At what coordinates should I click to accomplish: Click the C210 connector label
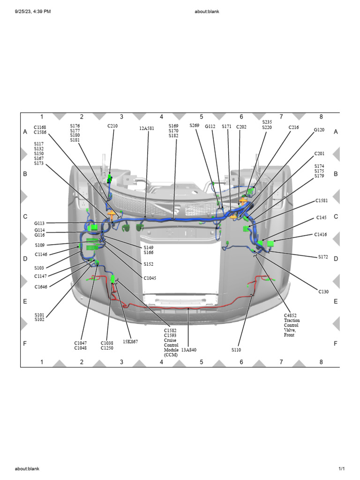112,126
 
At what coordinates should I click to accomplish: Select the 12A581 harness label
147,128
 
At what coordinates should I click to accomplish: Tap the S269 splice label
195,126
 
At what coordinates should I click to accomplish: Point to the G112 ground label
210,127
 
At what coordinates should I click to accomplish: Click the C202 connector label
241,127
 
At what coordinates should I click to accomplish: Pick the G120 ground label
319,130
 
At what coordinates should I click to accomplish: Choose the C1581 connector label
322,201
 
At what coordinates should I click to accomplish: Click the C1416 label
321,234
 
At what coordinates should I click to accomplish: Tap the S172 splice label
323,257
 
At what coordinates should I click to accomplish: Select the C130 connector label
323,292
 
